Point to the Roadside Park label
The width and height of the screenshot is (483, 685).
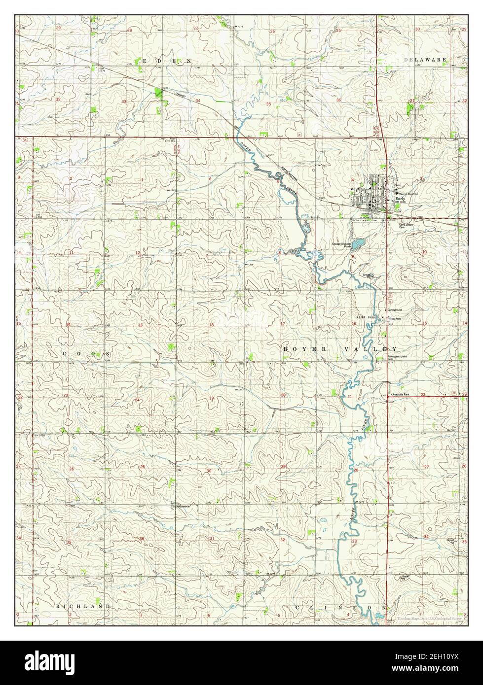401,395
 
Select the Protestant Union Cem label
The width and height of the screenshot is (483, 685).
399,357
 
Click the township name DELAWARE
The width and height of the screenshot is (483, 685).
425,60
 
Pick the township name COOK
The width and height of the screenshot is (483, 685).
86,355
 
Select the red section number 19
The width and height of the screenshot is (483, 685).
211,398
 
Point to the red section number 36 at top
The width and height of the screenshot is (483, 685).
339,100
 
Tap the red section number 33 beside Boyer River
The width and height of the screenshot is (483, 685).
354,541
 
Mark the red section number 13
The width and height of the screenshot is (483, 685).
140,325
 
